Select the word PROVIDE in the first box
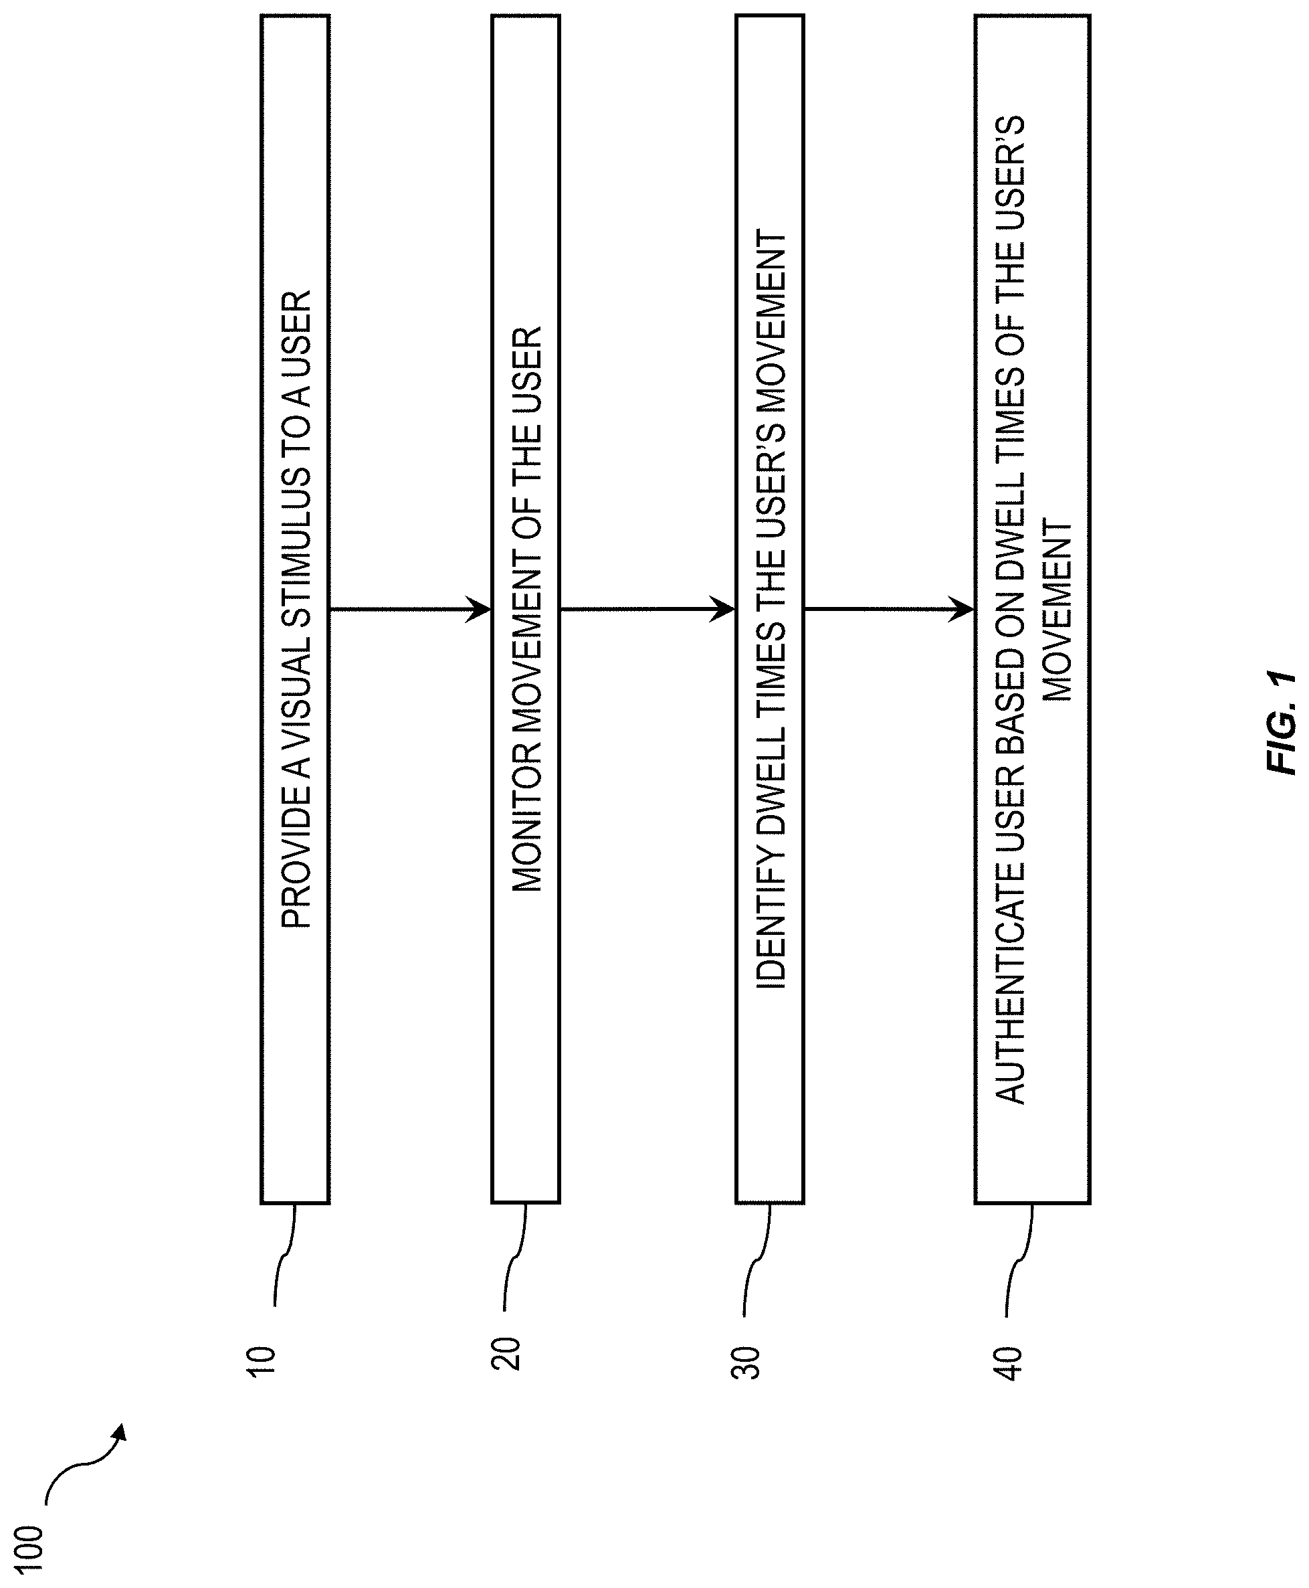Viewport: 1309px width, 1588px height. (x=296, y=855)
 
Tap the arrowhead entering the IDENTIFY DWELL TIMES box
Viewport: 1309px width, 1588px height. (x=722, y=608)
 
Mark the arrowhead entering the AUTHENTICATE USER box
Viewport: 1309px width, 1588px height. (x=961, y=608)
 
